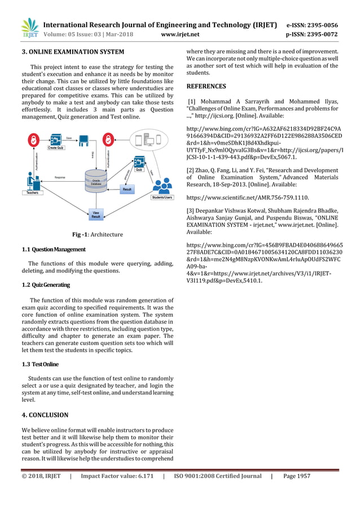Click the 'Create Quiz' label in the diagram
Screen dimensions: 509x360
55,147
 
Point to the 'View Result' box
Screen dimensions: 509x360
96,214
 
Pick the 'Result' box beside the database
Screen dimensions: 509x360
128,190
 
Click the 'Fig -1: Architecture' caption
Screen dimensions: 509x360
98,235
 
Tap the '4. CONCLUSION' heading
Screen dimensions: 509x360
45,415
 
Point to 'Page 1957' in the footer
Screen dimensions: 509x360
297,476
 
